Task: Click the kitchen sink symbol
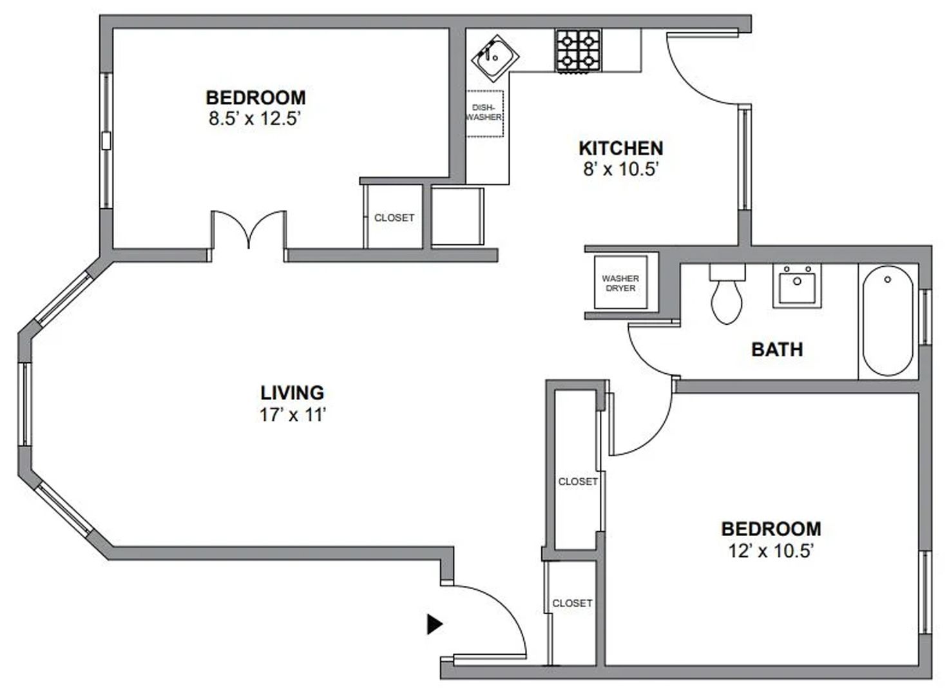pyautogui.click(x=494, y=58)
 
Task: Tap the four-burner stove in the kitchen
pyautogui.click(x=577, y=51)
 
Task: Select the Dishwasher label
pyautogui.click(x=484, y=113)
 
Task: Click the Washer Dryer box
pyautogui.click(x=620, y=284)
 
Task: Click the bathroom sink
pyautogui.click(x=797, y=285)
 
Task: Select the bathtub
pyautogui.click(x=887, y=321)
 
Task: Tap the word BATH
pyautogui.click(x=777, y=350)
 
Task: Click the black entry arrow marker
pyautogui.click(x=435, y=624)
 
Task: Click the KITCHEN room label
pyautogui.click(x=620, y=148)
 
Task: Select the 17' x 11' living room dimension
pyautogui.click(x=292, y=415)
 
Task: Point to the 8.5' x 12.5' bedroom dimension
pyautogui.click(x=255, y=119)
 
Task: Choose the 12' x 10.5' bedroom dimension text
pyautogui.click(x=771, y=551)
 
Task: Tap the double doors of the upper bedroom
pyautogui.click(x=249, y=231)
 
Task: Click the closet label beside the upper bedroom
pyautogui.click(x=394, y=218)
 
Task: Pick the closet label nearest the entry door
pyautogui.click(x=572, y=603)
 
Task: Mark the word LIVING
pyautogui.click(x=292, y=392)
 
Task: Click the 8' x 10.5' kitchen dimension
pyautogui.click(x=620, y=169)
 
